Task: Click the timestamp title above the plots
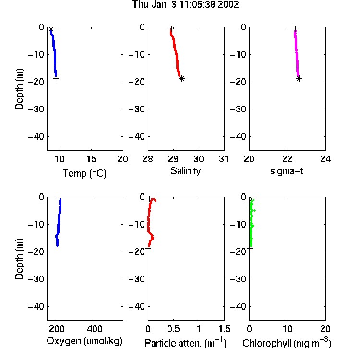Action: [x=185, y=4]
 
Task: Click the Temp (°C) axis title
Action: [x=84, y=173]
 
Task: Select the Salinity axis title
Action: [x=185, y=171]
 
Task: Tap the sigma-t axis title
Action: [x=287, y=171]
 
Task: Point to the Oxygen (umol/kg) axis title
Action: [x=84, y=341]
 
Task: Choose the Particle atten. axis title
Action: [x=186, y=343]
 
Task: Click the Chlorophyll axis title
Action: [x=287, y=343]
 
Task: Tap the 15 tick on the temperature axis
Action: [x=91, y=159]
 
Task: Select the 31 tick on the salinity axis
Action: [x=224, y=159]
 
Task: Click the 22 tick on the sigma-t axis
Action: [x=288, y=159]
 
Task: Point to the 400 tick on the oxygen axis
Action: [x=95, y=329]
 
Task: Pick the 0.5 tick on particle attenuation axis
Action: [x=173, y=329]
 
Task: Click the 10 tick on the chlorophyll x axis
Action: [x=288, y=329]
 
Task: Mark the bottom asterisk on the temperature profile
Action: [x=56, y=79]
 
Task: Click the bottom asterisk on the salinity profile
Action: [x=181, y=79]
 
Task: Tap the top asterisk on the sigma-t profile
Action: [x=296, y=29]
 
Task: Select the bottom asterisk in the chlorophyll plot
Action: [x=250, y=249]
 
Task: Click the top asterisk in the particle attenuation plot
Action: [x=149, y=199]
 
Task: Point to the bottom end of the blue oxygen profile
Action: [x=58, y=246]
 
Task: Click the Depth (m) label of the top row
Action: [x=19, y=89]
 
